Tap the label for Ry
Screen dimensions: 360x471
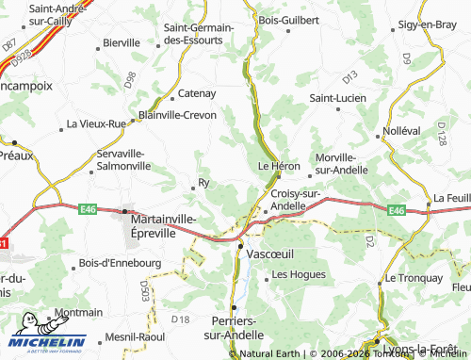point(203,183)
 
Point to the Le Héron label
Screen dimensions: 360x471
point(279,167)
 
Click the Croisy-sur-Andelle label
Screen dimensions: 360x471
point(296,200)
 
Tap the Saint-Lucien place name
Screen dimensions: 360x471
point(337,97)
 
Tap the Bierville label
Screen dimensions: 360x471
point(122,42)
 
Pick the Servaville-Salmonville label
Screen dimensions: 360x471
point(123,159)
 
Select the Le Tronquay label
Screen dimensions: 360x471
point(413,279)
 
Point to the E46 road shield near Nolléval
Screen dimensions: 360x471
point(397,211)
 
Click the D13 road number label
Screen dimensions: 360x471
point(350,74)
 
